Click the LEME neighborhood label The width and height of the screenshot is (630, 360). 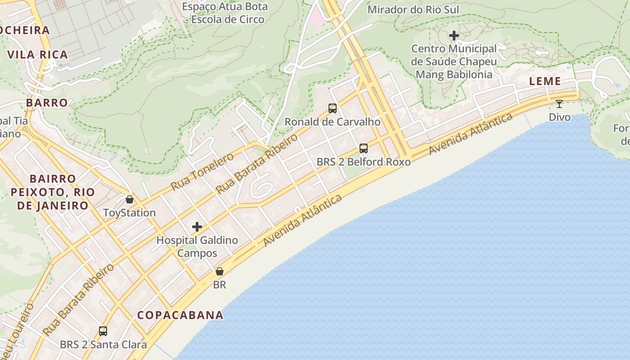click(545, 81)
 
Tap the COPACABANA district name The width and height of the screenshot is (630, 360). click(180, 315)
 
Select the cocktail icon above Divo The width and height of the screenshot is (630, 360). click(559, 104)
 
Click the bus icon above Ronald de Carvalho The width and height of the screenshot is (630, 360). click(333, 108)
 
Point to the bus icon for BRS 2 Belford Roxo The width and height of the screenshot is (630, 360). click(363, 148)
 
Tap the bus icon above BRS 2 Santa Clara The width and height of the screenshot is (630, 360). click(103, 331)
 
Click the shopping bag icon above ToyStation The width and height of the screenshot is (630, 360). click(130, 199)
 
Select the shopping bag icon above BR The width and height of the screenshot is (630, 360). click(220, 271)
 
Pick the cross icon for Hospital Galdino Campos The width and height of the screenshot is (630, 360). click(197, 227)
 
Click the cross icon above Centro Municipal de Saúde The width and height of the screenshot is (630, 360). click(454, 35)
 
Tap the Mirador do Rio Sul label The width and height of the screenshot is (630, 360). click(413, 9)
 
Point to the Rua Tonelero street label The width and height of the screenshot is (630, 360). click(202, 171)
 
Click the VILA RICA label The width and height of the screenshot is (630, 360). click(38, 55)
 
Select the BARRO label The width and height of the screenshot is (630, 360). click(47, 103)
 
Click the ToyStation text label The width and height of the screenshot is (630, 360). click(130, 213)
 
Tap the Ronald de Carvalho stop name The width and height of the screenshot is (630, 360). click(333, 122)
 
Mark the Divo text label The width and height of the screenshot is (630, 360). click(559, 117)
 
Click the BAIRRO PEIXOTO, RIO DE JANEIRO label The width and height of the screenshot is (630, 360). click(53, 192)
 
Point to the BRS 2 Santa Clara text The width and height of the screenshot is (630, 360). click(103, 345)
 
